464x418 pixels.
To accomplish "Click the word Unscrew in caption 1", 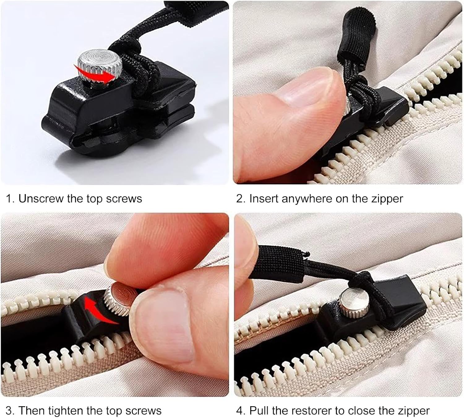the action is [41, 199].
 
